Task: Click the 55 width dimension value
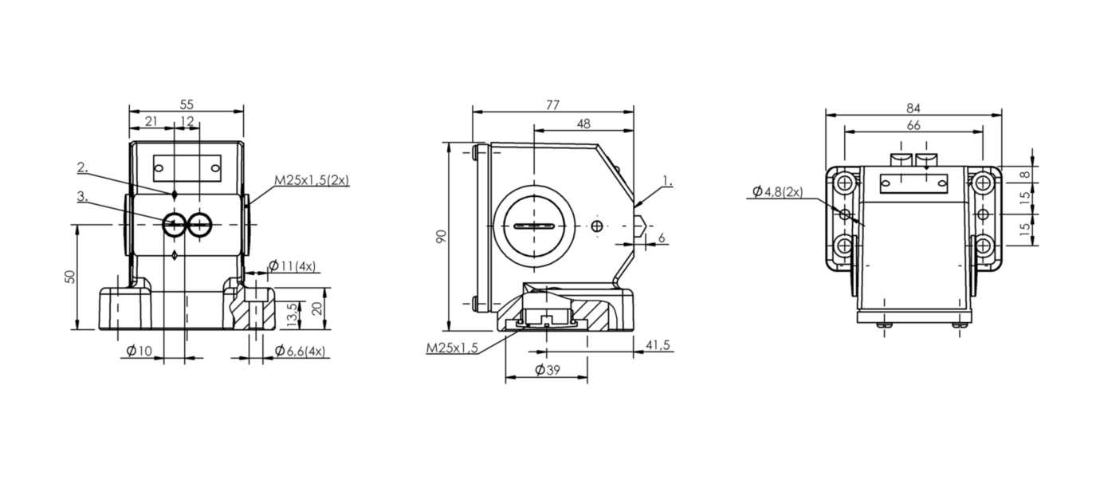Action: click(187, 104)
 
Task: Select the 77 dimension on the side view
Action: click(552, 105)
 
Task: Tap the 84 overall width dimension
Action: click(913, 108)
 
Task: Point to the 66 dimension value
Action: click(913, 126)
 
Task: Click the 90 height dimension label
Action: click(442, 236)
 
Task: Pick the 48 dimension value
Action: click(583, 124)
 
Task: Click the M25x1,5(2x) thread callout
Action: click(312, 180)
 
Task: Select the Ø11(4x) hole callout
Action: click(293, 266)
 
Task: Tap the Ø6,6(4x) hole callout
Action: click(300, 351)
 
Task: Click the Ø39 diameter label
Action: click(547, 370)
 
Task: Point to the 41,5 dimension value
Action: click(658, 345)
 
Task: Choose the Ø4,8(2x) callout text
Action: click(778, 191)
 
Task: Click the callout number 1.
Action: click(667, 181)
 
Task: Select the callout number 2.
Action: click(83, 167)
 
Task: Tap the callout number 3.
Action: click(83, 196)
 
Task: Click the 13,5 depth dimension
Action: click(293, 316)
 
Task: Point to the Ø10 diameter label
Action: click(139, 351)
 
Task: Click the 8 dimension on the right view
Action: click(1024, 175)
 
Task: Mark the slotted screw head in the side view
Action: click(534, 226)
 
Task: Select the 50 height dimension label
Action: click(70, 277)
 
